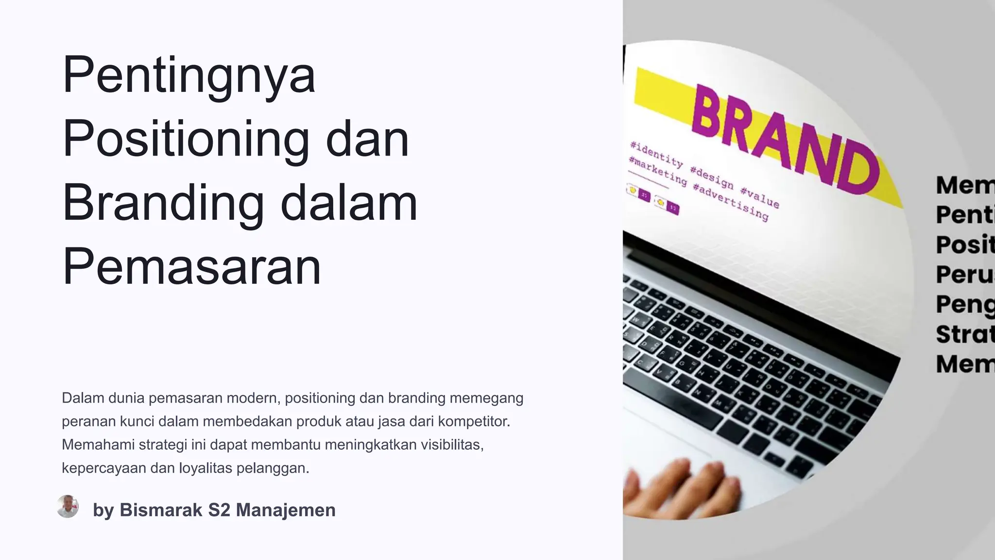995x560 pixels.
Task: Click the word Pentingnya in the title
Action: (189, 75)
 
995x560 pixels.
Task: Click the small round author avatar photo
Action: (68, 507)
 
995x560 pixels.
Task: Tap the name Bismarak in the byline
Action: (161, 510)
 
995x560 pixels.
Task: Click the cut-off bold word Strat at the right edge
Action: (964, 334)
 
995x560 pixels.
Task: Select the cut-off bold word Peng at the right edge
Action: (964, 305)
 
